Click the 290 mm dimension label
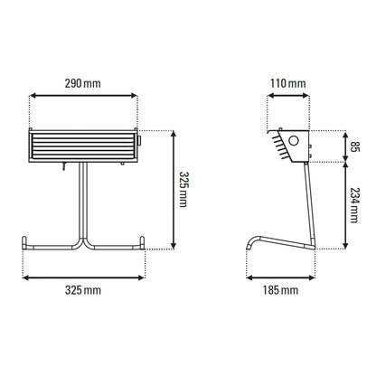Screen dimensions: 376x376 tap(83, 84)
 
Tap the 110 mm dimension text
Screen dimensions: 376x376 tap(287, 84)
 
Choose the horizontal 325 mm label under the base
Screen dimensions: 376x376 tap(83, 290)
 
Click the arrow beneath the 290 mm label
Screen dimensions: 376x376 tap(83, 97)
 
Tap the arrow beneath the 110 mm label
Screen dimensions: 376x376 tap(287, 97)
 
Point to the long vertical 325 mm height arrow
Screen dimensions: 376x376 tap(173, 189)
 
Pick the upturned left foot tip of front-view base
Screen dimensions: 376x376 tap(24, 242)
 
